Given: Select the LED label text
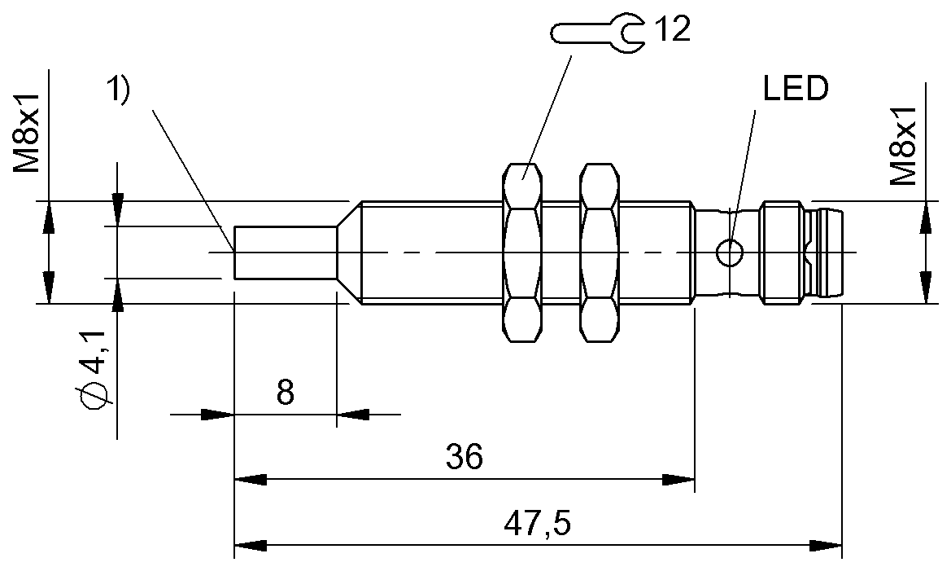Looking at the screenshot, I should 795,90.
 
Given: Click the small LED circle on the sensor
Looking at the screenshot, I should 729,253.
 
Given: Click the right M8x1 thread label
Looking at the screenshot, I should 903,144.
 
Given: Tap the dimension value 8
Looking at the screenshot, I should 285,393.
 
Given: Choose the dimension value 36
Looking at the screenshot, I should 465,458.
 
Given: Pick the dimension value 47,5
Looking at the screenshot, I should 537,523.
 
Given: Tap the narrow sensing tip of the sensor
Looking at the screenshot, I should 285,253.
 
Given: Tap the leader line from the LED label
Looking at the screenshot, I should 744,171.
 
